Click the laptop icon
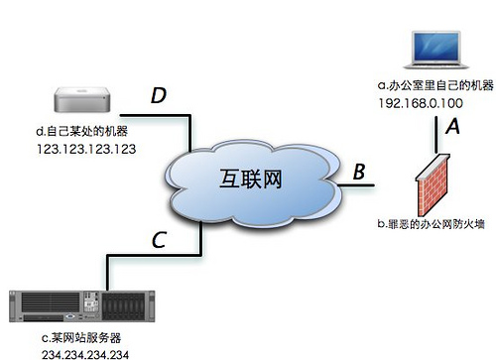point(433,52)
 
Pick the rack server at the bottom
point(88,306)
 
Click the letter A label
point(454,127)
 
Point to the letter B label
point(358,171)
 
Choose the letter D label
point(158,96)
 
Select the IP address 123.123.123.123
point(84,149)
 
